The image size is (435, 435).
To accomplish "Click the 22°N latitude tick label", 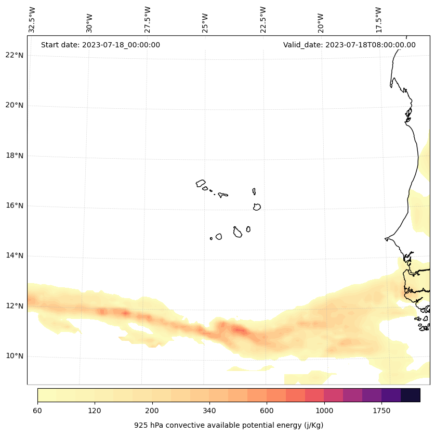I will tap(15, 55).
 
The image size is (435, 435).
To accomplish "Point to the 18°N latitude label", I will tap(15, 156).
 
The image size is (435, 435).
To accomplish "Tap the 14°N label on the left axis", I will tap(15, 255).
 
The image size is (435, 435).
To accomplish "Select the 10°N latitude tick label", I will tap(15, 356).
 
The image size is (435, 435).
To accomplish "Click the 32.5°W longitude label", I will tap(33, 20).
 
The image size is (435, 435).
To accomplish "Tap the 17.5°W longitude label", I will tap(378, 20).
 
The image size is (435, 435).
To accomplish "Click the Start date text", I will tap(100, 45).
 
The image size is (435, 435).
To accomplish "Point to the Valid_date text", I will tap(349, 45).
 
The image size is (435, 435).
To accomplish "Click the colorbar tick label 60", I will tap(37, 411).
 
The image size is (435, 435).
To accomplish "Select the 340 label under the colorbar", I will tap(209, 411).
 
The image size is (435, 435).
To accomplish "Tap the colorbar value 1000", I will tap(324, 411).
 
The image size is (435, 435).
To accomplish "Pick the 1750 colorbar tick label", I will tap(381, 411).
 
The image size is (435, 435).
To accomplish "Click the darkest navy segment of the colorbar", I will tap(410, 395).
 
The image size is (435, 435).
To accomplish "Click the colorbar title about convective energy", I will tap(229, 425).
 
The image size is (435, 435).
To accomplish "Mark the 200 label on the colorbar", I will tap(152, 411).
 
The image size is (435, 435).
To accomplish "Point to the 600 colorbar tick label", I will tap(267, 411).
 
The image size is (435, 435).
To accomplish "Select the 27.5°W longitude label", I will tap(148, 20).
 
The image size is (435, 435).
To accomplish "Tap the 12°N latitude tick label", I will tap(15, 306).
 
